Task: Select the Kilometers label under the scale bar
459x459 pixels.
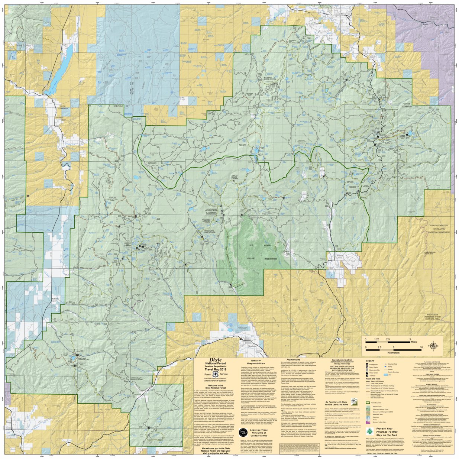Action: (x=394, y=352)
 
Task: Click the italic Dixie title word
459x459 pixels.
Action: (x=216, y=360)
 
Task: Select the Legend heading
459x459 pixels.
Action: (x=370, y=361)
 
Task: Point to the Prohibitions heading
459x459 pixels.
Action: (x=293, y=360)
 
